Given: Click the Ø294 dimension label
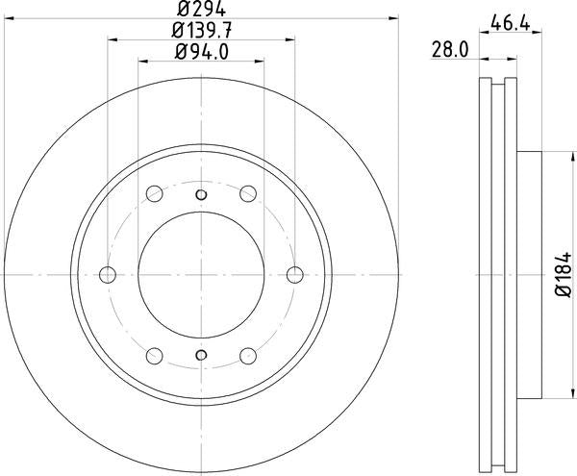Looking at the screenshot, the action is (x=201, y=9).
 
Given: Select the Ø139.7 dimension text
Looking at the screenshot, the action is (x=202, y=30).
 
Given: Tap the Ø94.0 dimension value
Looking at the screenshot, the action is (x=202, y=52).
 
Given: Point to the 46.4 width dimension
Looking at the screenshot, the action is (x=510, y=24).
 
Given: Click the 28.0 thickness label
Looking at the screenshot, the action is (x=450, y=49).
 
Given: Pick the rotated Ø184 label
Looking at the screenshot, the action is (x=563, y=275).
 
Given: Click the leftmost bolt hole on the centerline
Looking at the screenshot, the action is (x=108, y=275).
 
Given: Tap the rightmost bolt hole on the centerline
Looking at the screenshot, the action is (x=295, y=275).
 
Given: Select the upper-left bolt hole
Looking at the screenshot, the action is (x=155, y=193).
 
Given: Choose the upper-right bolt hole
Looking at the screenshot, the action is (x=248, y=193).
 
